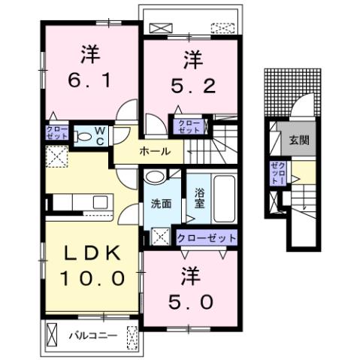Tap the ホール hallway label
[x=153, y=151]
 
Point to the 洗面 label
[x=160, y=203]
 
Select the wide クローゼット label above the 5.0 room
[x=206, y=237]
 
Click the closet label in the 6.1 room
[x=58, y=135]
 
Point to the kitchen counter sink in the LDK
[x=99, y=202]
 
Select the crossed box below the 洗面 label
[x=160, y=237]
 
